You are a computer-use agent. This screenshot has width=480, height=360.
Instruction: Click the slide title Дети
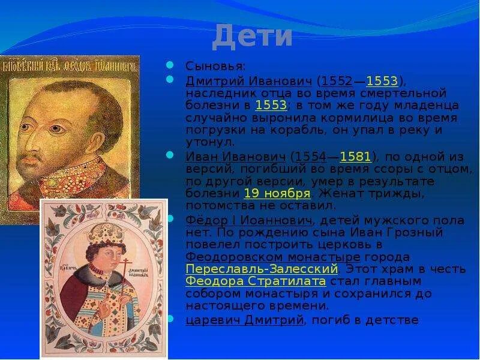252,37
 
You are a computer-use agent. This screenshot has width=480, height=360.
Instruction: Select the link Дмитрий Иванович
248,81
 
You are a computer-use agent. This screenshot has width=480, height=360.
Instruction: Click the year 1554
310,157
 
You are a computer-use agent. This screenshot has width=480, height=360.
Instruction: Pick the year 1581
356,157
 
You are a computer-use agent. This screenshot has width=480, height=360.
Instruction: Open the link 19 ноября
277,193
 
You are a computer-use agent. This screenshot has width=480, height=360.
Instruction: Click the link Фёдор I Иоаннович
248,220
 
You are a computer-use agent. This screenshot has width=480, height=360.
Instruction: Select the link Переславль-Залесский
262,268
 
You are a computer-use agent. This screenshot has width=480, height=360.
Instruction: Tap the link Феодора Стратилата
256,281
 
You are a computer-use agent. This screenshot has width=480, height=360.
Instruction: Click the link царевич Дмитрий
244,320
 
